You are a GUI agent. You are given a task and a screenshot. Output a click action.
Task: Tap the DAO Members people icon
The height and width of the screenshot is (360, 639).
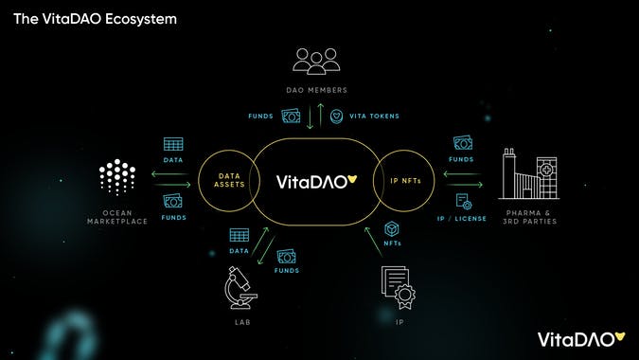coord(320,62)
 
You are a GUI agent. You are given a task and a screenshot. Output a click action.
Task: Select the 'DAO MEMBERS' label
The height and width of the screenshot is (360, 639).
coord(320,90)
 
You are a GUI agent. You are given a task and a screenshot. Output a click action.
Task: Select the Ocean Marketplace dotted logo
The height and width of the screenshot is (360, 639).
coord(117,177)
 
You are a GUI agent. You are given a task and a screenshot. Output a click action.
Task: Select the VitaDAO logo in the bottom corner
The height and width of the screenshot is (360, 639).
coord(580,338)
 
